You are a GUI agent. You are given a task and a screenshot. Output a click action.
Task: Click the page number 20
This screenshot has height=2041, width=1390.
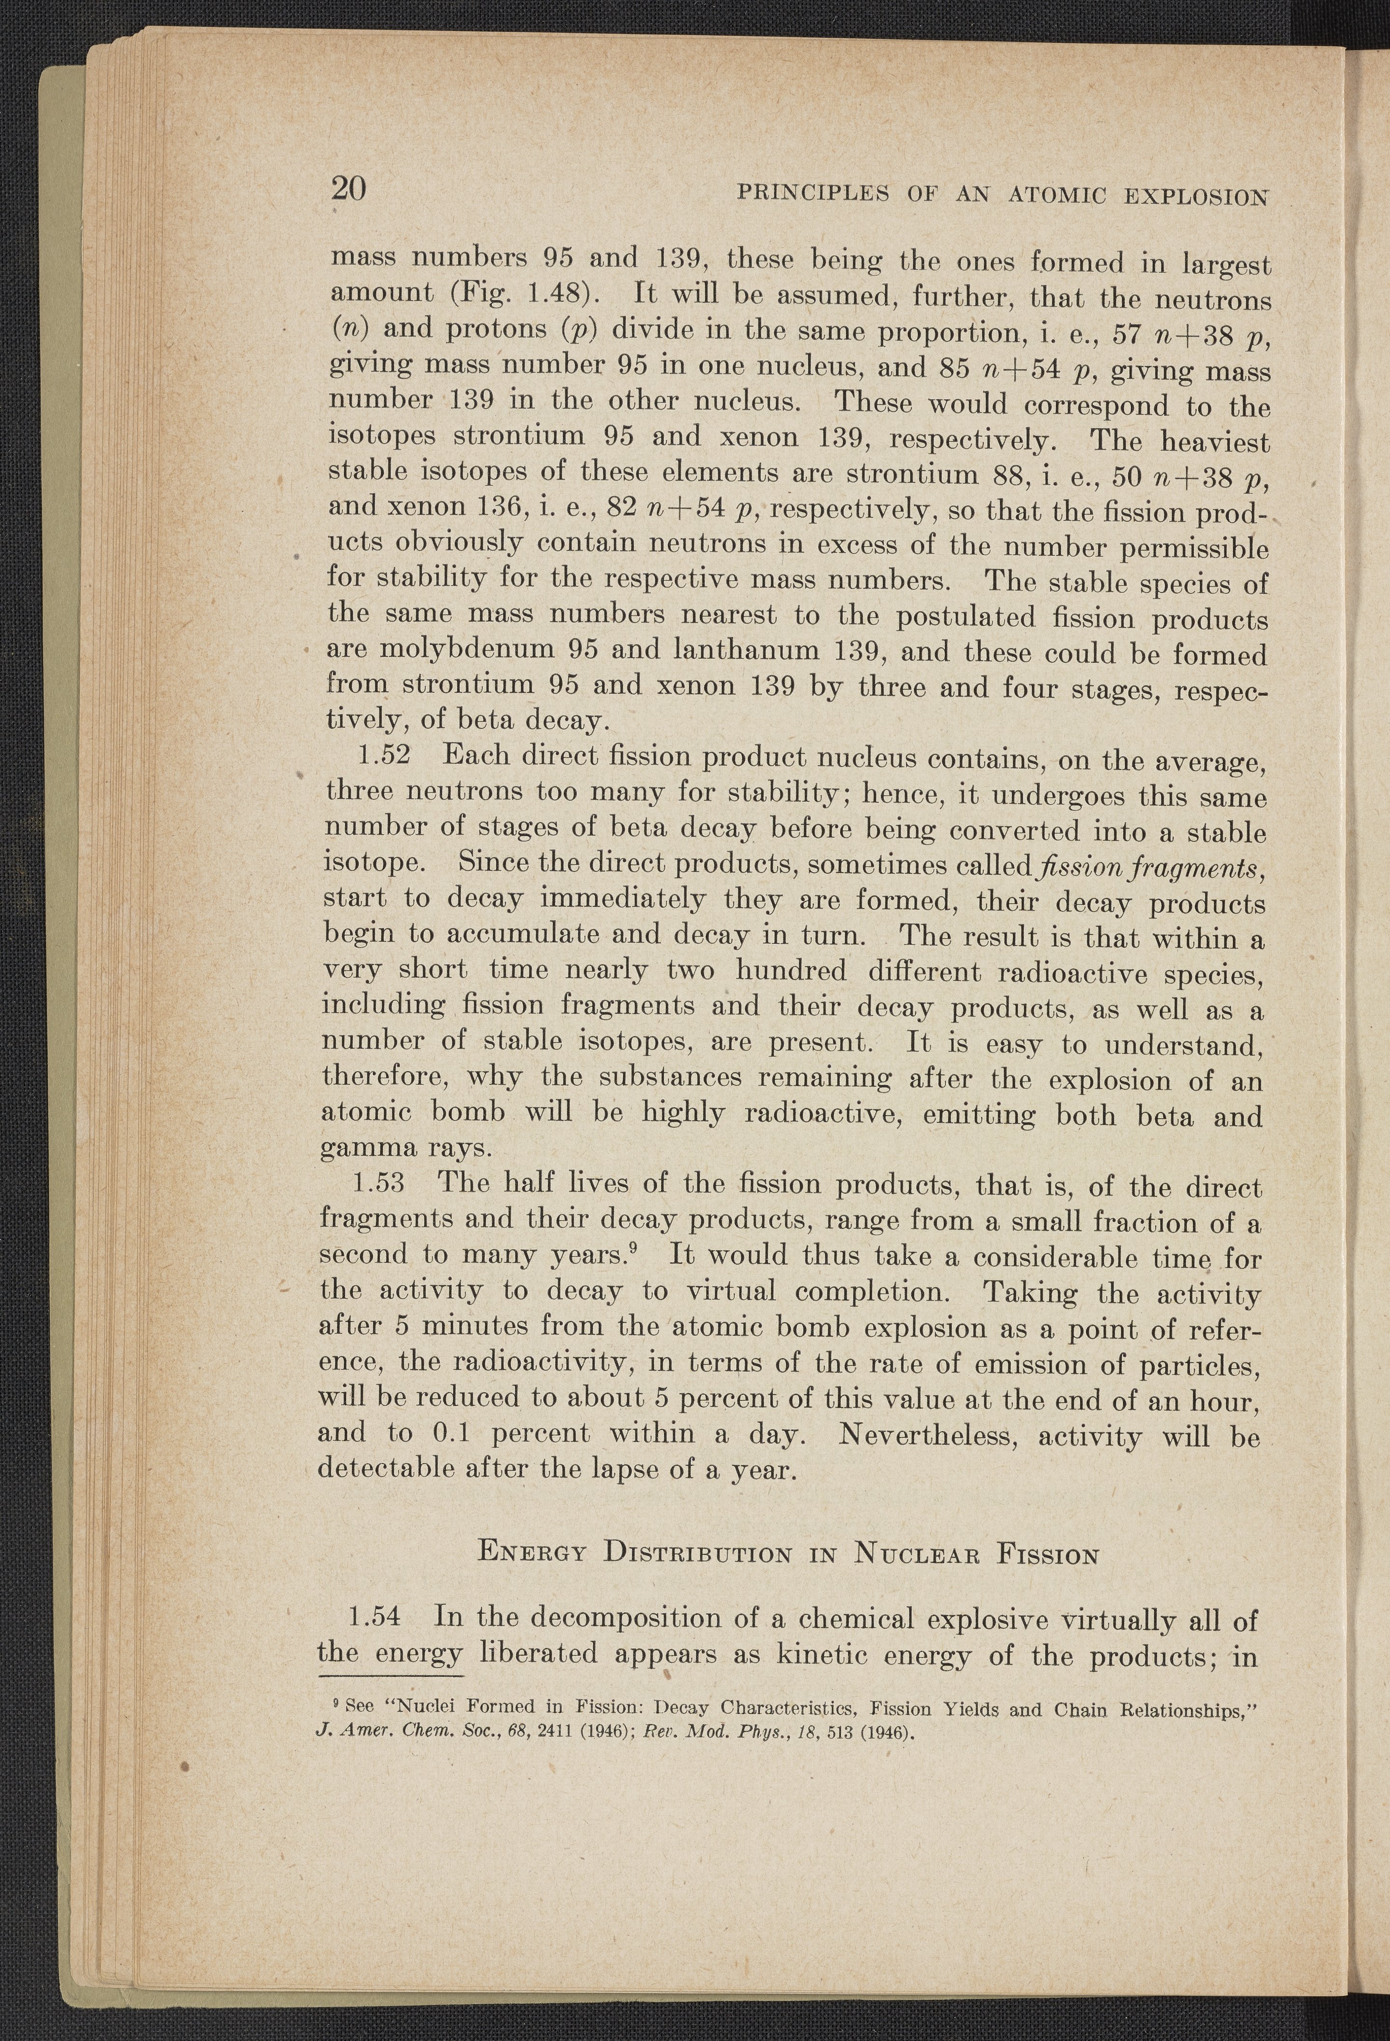[x=348, y=189]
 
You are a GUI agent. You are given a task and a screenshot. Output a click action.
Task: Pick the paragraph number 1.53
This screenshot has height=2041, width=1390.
[x=376, y=1183]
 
